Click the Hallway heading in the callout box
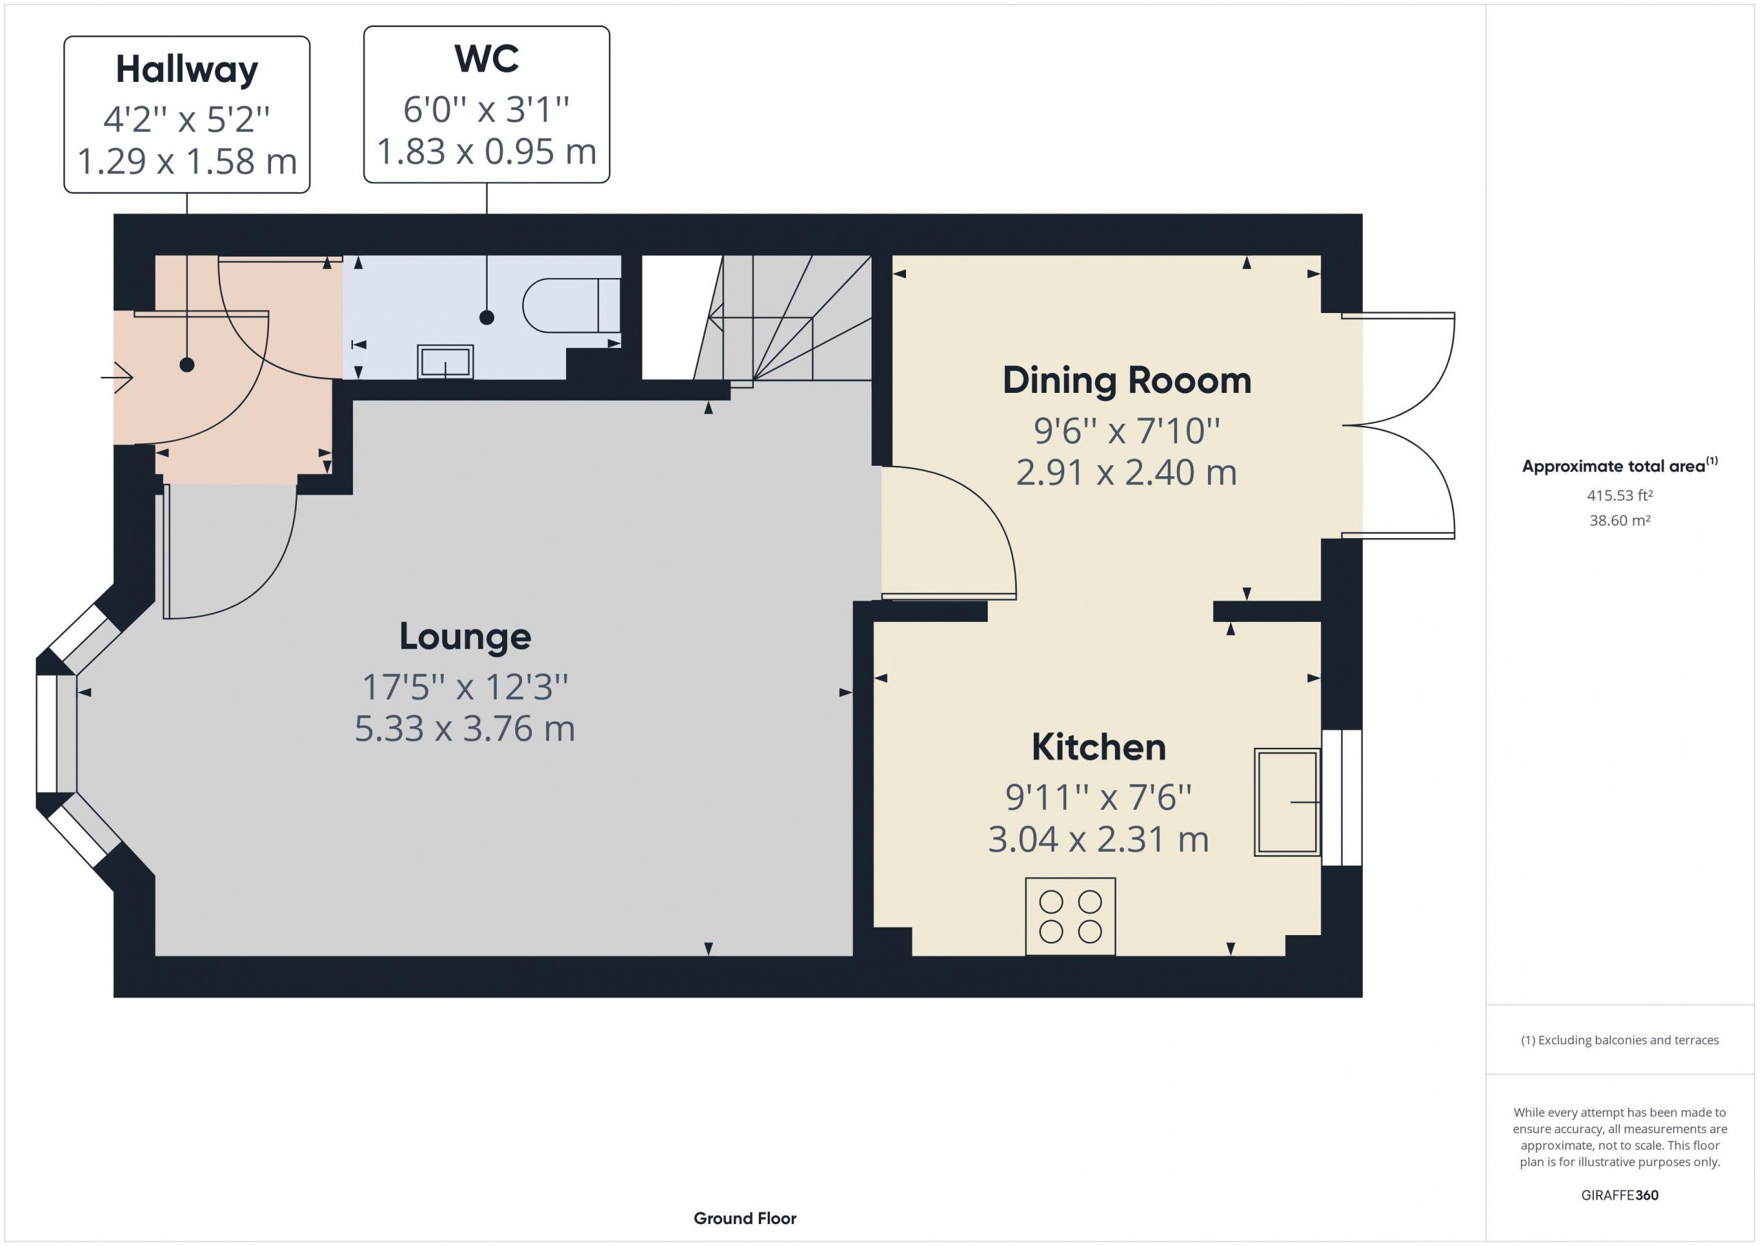click(x=187, y=69)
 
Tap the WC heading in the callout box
click(x=486, y=59)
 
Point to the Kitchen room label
click(x=1099, y=747)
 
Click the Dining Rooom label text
click(x=1127, y=380)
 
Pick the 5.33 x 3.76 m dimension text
click(x=465, y=728)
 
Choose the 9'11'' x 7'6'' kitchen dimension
click(x=1099, y=797)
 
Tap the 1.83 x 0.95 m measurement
click(x=486, y=151)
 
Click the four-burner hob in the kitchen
click(x=1070, y=916)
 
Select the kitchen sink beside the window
click(x=1287, y=802)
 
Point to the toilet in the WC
click(x=572, y=305)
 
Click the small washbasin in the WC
click(x=445, y=362)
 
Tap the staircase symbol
click(x=782, y=318)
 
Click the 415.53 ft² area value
click(x=1620, y=495)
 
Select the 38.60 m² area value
click(x=1620, y=520)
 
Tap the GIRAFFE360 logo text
click(x=1620, y=1194)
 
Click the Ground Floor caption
click(x=745, y=1218)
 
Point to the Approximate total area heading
click(x=1619, y=466)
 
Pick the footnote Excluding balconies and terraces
click(x=1620, y=1040)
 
